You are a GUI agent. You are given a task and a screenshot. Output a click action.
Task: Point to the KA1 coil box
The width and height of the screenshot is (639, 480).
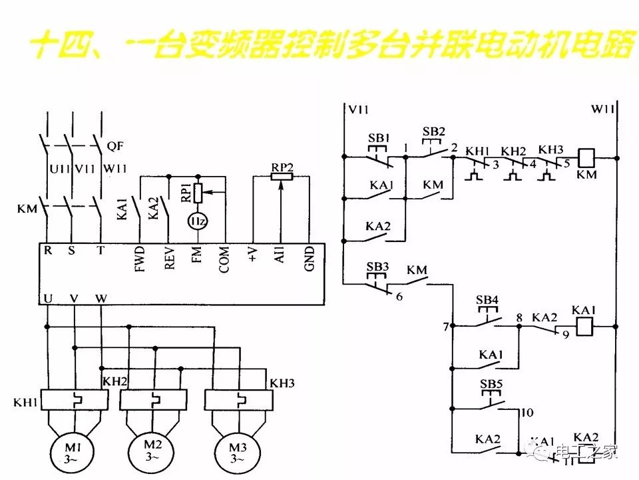pyautogui.click(x=584, y=327)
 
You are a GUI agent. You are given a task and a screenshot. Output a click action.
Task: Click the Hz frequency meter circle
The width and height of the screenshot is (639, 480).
pyautogui.click(x=197, y=221)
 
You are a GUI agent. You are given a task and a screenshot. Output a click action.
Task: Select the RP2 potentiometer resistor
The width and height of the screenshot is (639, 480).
pyautogui.click(x=282, y=177)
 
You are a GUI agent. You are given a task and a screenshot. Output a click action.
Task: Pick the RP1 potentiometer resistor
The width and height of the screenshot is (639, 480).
pyautogui.click(x=198, y=191)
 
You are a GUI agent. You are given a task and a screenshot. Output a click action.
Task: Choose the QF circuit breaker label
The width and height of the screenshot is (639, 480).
pyautogui.click(x=115, y=145)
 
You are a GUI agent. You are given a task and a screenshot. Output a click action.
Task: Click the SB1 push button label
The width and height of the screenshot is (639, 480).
pyautogui.click(x=379, y=138)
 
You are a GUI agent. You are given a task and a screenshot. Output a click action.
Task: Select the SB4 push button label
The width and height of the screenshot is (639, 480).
pyautogui.click(x=487, y=299)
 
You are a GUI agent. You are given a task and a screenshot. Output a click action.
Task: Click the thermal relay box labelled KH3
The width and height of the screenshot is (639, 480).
pyautogui.click(x=238, y=400)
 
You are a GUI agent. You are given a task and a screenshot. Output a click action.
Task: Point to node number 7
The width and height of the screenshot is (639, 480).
pyautogui.click(x=445, y=327)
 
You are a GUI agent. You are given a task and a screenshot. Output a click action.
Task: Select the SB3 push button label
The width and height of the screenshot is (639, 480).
pyautogui.click(x=377, y=266)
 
